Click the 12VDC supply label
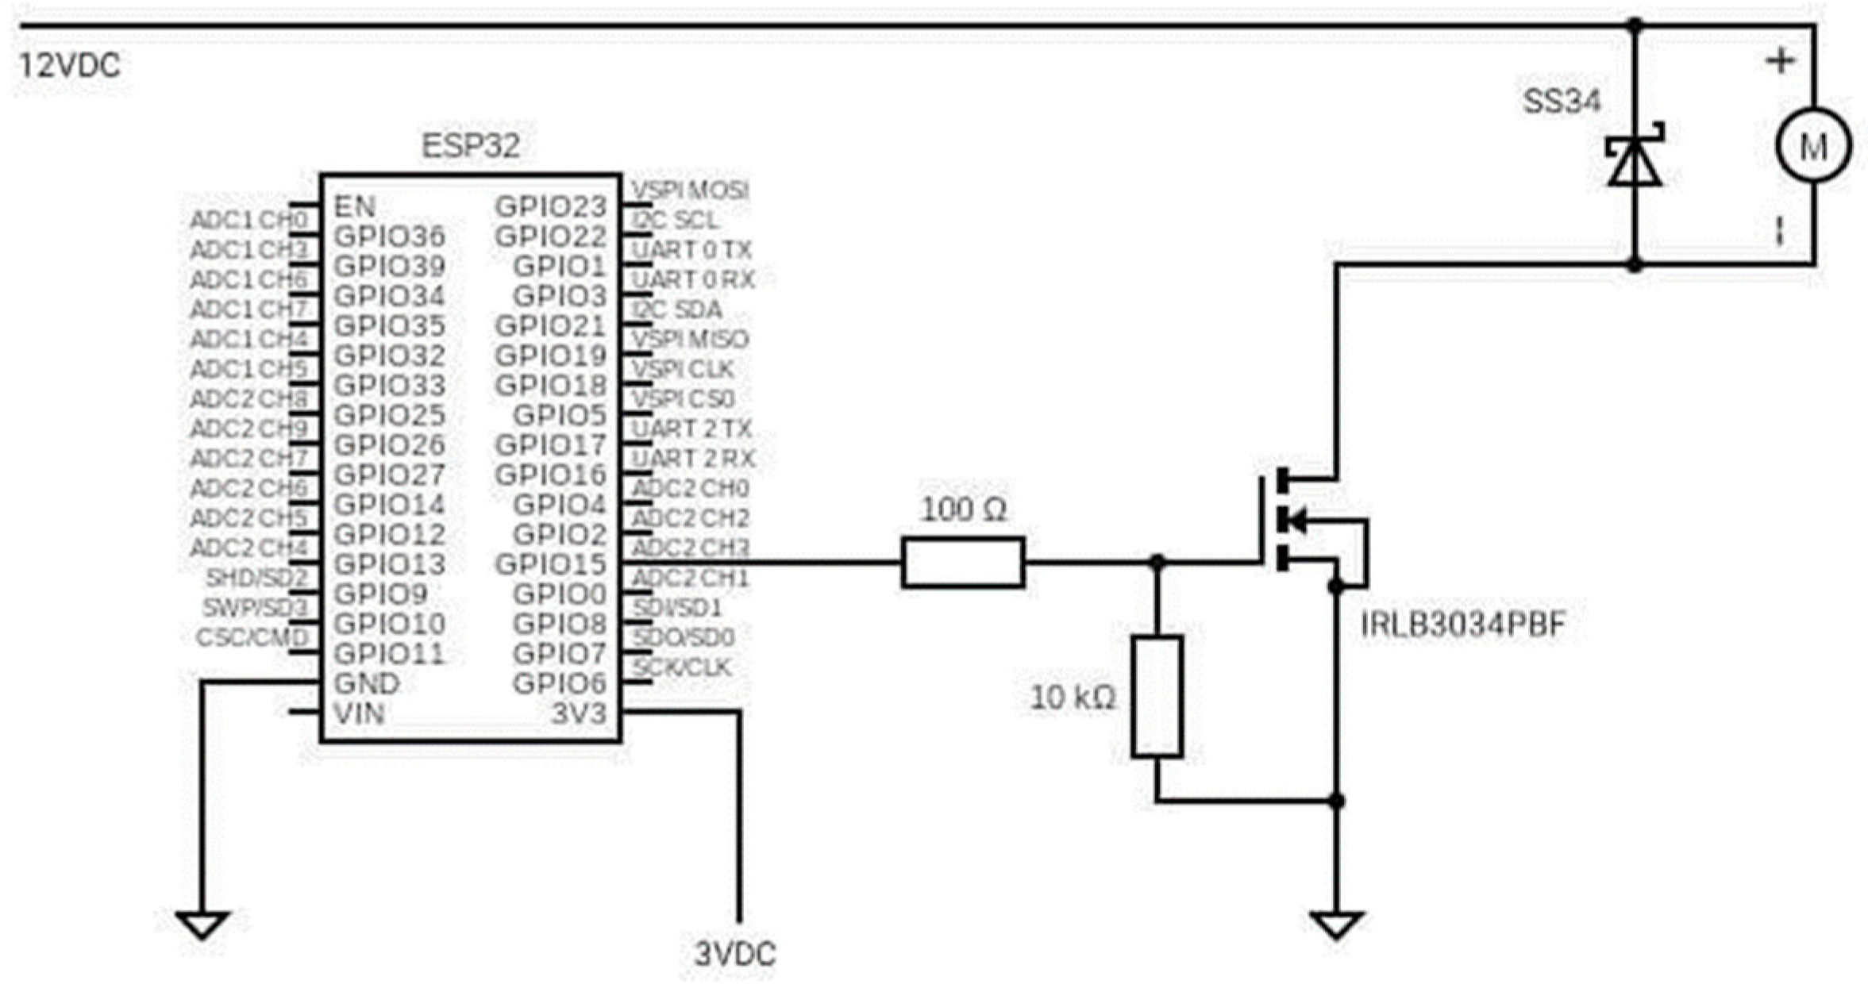click(70, 66)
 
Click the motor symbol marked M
click(1813, 147)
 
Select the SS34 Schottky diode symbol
click(1634, 161)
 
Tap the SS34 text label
click(1561, 102)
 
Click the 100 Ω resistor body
click(962, 563)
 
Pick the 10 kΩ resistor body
click(1157, 696)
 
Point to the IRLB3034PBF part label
click(1462, 625)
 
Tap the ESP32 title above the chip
click(470, 146)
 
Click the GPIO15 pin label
click(550, 564)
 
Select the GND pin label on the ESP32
click(367, 683)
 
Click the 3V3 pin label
click(578, 713)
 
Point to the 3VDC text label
click(734, 954)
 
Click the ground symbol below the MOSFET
click(1336, 925)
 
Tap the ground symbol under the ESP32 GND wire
click(202, 925)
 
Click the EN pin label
click(354, 207)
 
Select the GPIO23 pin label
click(550, 207)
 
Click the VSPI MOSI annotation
click(689, 190)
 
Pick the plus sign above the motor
click(1780, 61)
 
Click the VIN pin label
click(360, 713)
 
